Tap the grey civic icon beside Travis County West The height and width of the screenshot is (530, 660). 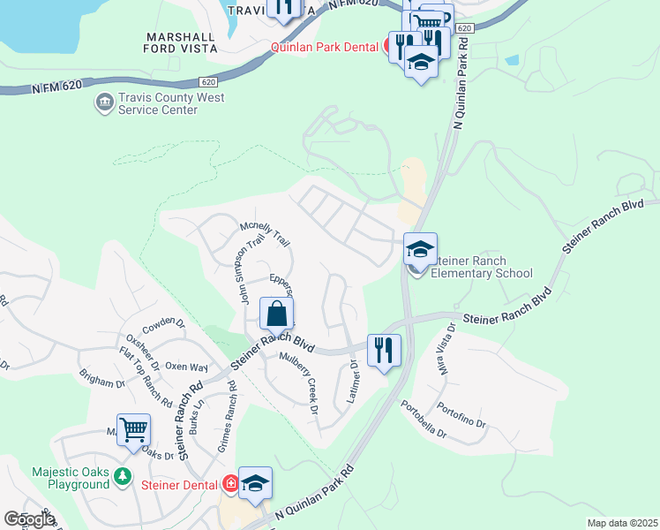click(x=104, y=103)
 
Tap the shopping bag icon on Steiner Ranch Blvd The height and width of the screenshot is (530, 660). click(x=276, y=314)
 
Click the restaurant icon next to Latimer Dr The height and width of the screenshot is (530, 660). click(x=384, y=350)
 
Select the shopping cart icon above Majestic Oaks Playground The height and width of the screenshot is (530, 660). click(x=133, y=430)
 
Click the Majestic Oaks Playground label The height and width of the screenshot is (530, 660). click(x=69, y=479)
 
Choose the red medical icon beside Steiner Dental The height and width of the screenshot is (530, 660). click(x=230, y=484)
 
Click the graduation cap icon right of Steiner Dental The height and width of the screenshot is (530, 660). click(x=255, y=483)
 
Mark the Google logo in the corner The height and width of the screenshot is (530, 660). click(x=29, y=519)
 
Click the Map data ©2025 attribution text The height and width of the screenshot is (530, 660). click(x=622, y=523)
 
